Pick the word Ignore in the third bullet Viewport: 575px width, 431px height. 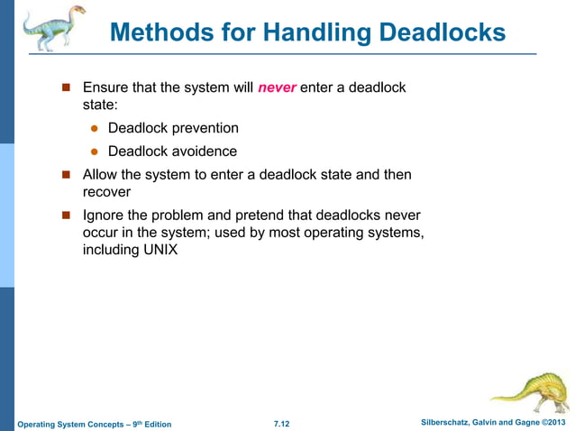point(105,215)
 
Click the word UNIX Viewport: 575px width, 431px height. point(157,250)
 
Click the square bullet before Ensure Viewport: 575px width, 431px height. point(65,89)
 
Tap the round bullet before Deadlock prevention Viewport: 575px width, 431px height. point(93,130)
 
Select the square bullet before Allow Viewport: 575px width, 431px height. point(65,176)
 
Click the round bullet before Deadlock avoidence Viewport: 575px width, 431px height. point(93,152)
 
